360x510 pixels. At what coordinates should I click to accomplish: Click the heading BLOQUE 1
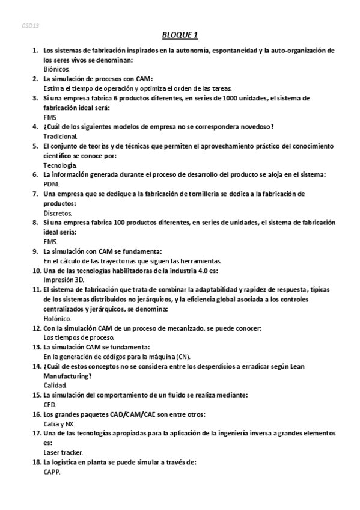(x=180, y=35)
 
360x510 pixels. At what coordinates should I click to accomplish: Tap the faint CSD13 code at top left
(x=30, y=27)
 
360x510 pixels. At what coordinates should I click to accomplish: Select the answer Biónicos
(x=57, y=69)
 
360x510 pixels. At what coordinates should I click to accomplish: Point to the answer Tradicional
(x=61, y=137)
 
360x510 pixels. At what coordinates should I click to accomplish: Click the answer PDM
(x=52, y=184)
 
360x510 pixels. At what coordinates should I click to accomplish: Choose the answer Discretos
(x=58, y=213)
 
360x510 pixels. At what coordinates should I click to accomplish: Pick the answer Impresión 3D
(x=64, y=280)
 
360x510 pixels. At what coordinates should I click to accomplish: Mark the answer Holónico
(x=58, y=318)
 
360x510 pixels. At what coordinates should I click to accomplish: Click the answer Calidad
(x=55, y=385)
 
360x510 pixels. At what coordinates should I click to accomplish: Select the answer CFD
(x=50, y=404)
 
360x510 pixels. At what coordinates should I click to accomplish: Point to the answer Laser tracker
(x=63, y=452)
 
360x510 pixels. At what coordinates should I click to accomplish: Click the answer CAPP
(x=52, y=472)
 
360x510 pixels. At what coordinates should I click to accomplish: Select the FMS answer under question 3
(x=50, y=117)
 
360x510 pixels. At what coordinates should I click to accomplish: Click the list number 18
(x=36, y=462)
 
